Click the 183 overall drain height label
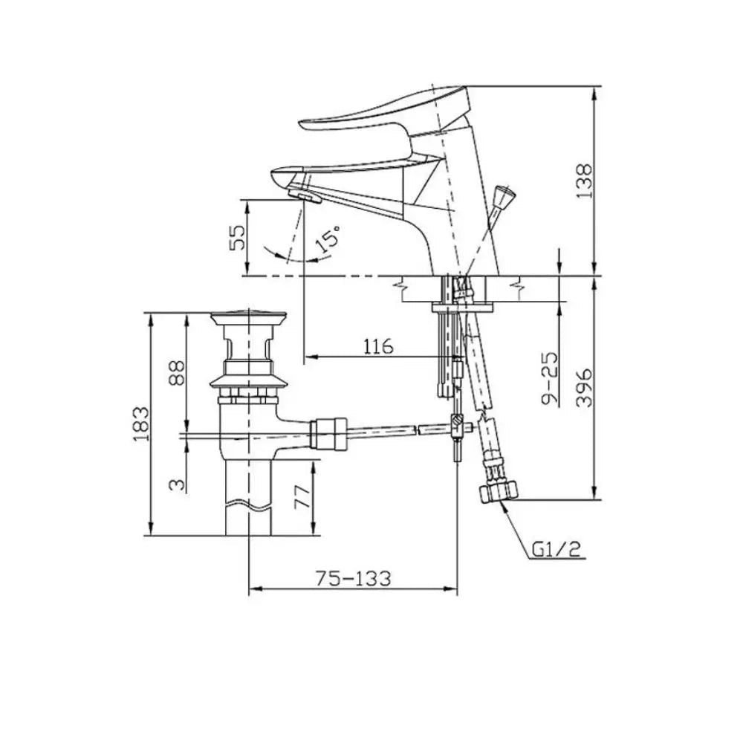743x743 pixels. pyautogui.click(x=140, y=424)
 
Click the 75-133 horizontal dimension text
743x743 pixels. pyautogui.click(x=353, y=577)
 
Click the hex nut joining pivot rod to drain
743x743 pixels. pyautogui.click(x=328, y=434)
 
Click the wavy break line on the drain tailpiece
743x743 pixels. pyautogui.click(x=248, y=507)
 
